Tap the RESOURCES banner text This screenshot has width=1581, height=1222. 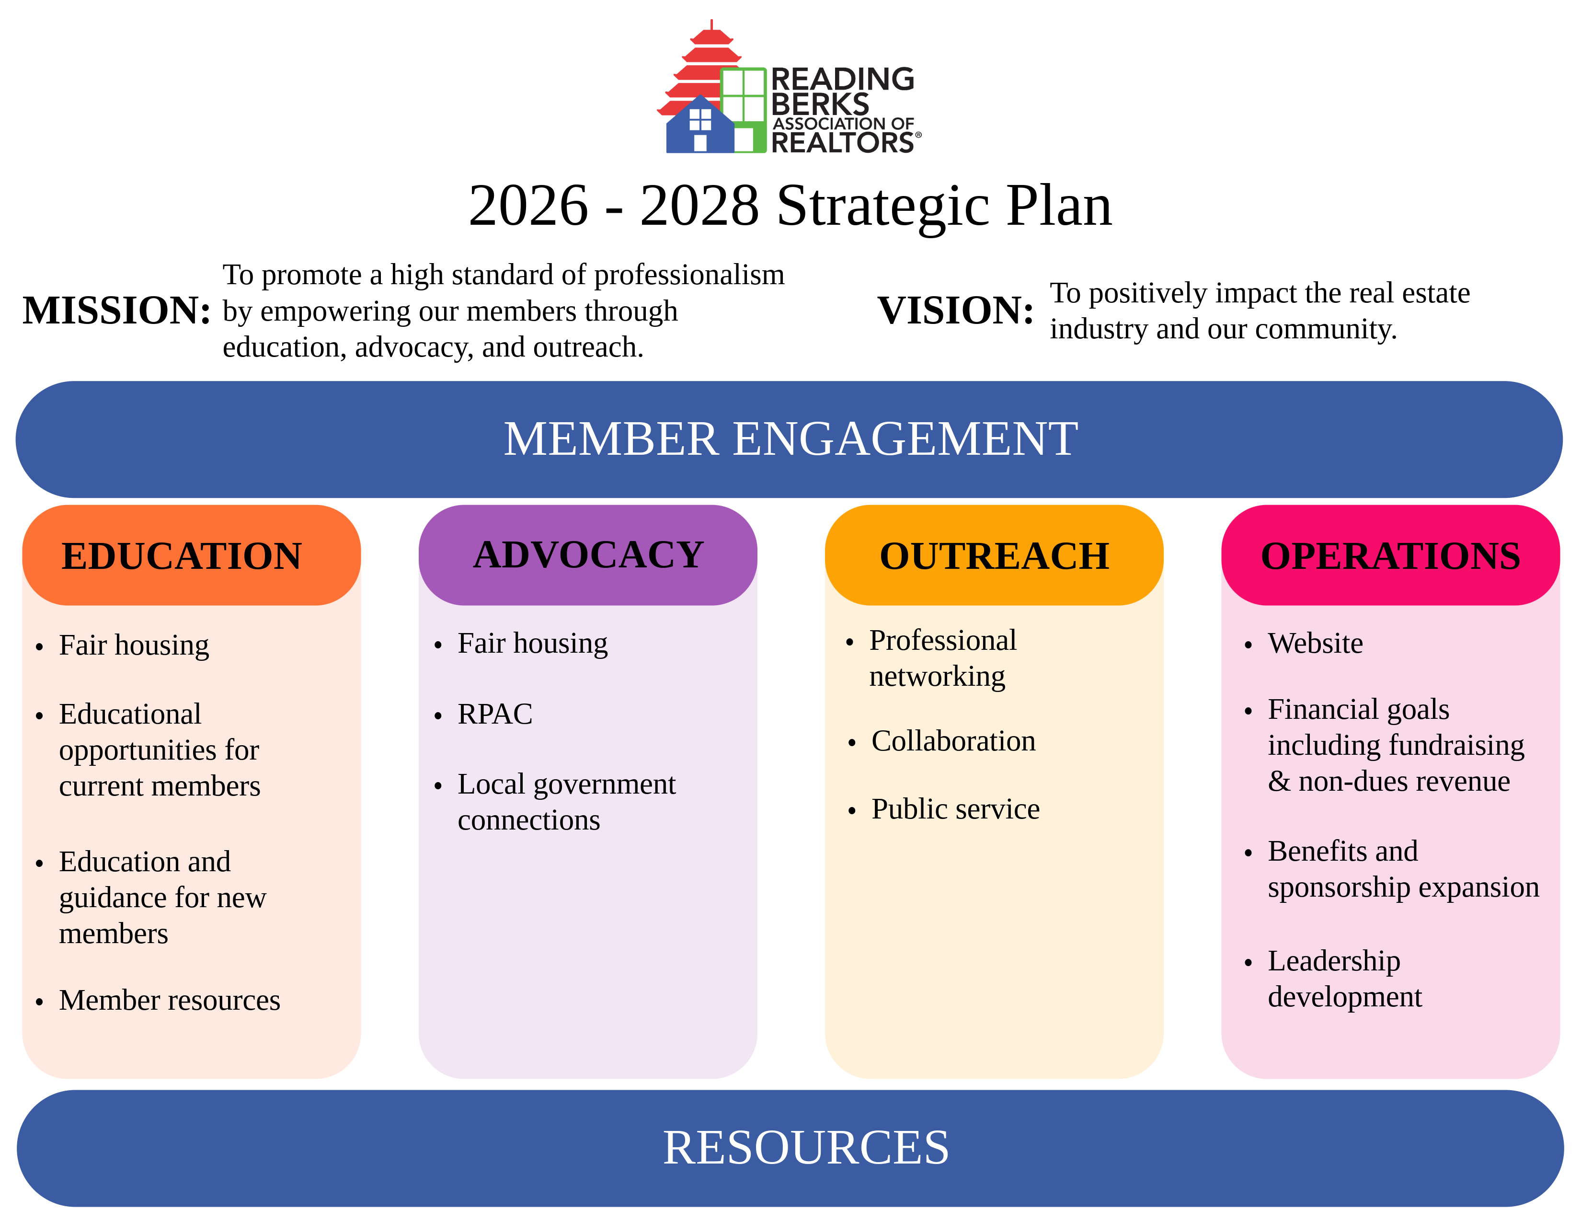(x=806, y=1147)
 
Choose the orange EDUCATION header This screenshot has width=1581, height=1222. (x=182, y=556)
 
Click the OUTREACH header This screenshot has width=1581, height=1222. (x=994, y=556)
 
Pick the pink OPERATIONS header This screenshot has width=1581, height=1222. (x=1390, y=556)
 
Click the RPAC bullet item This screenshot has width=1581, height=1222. (x=495, y=715)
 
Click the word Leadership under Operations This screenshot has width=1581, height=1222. (x=1333, y=961)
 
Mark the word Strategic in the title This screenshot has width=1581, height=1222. (x=883, y=207)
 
